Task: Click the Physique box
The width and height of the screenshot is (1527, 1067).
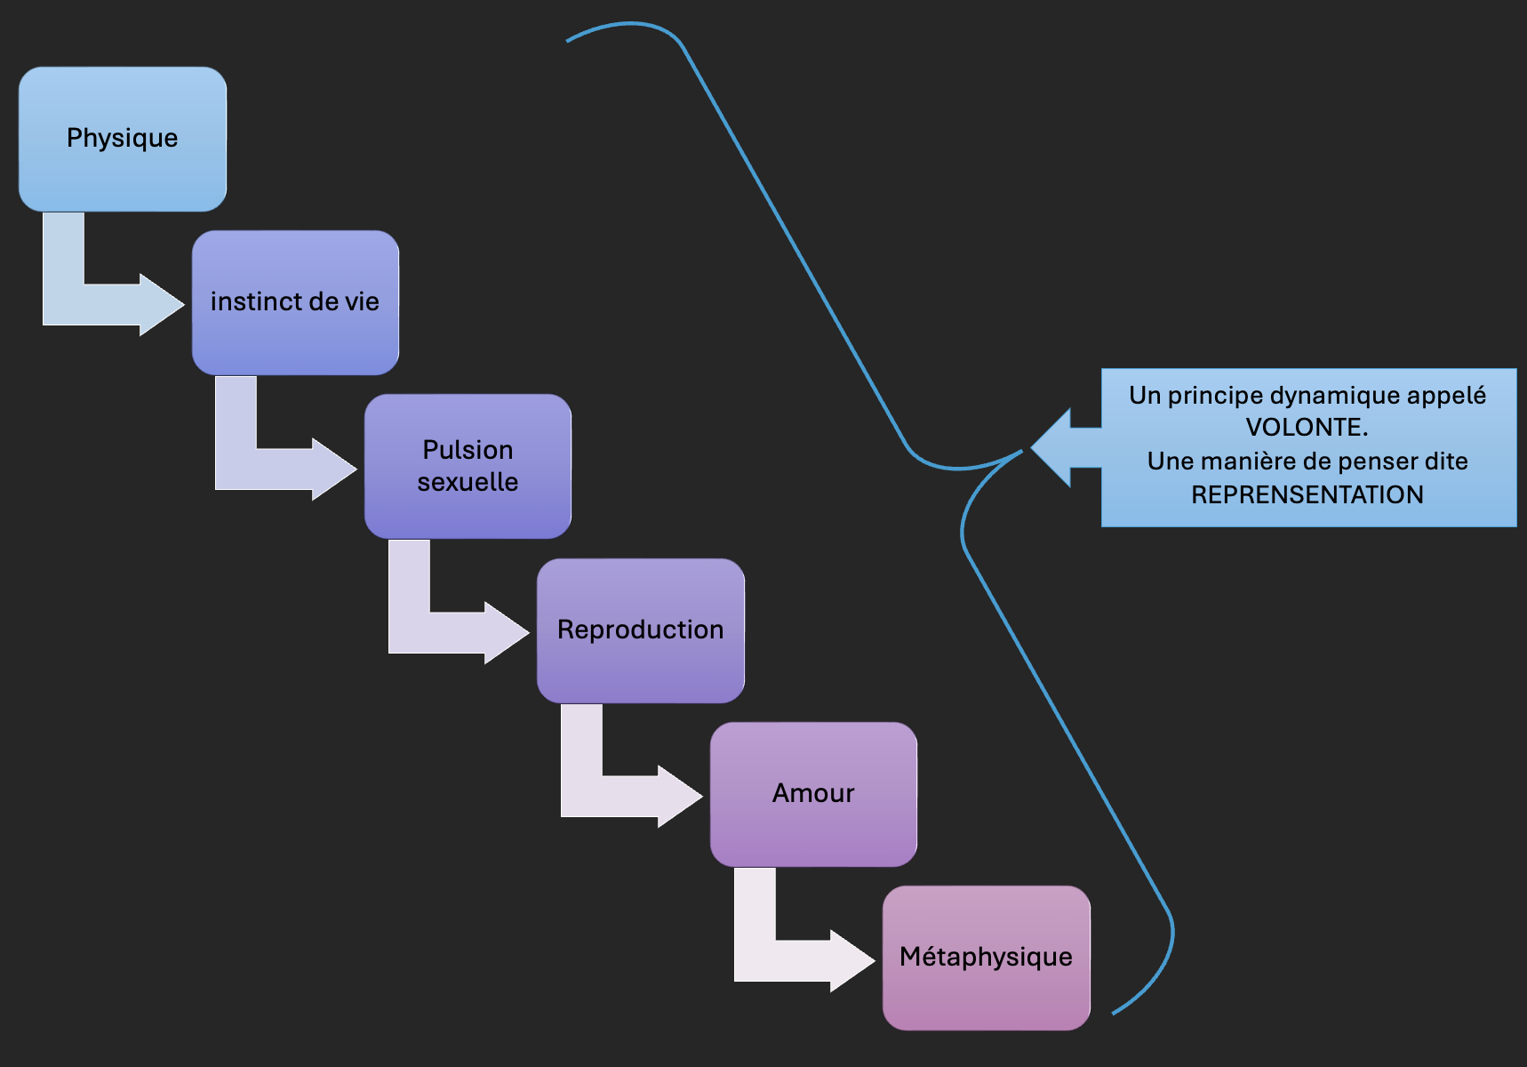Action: [x=123, y=139]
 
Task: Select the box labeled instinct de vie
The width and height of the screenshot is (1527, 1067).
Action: [x=295, y=302]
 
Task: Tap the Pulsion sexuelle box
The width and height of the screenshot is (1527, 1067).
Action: [x=468, y=466]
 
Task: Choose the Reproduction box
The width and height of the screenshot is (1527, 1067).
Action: [x=640, y=630]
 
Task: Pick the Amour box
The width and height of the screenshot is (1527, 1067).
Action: [x=813, y=794]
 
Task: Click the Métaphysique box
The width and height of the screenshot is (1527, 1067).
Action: [x=987, y=958]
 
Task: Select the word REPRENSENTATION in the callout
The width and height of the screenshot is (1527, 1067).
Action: [x=1307, y=495]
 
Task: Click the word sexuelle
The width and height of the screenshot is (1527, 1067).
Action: [x=468, y=482]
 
